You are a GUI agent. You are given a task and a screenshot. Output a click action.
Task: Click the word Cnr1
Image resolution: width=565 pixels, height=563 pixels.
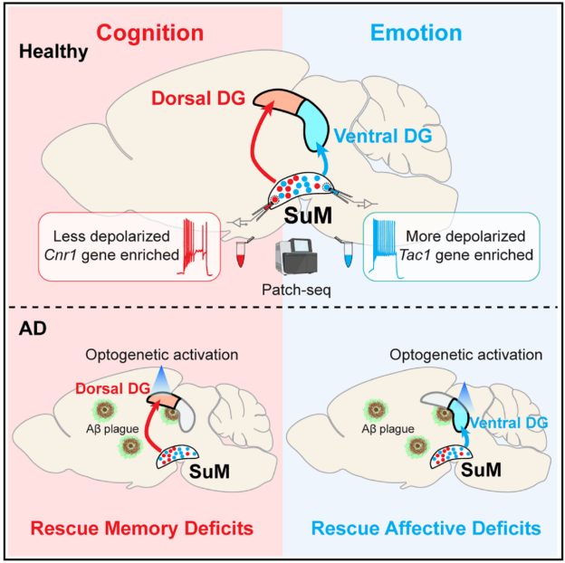[64, 253]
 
